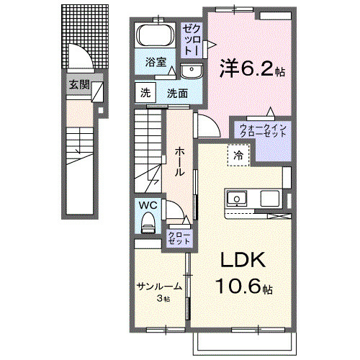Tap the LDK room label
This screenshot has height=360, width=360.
tap(238, 261)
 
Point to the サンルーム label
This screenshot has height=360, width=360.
tap(158, 286)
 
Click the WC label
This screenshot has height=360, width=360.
tap(148, 205)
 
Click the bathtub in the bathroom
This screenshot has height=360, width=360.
tap(153, 37)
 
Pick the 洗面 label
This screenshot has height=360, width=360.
tap(178, 93)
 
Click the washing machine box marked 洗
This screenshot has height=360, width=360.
tap(145, 92)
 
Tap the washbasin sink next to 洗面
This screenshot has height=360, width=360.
tap(192, 71)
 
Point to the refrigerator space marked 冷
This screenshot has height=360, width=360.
tap(238, 153)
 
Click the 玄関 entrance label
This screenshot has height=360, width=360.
tap(79, 84)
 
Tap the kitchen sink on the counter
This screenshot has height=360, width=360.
tap(237, 199)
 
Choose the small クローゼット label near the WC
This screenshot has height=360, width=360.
tap(176, 238)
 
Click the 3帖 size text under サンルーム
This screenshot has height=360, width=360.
tap(163, 298)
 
